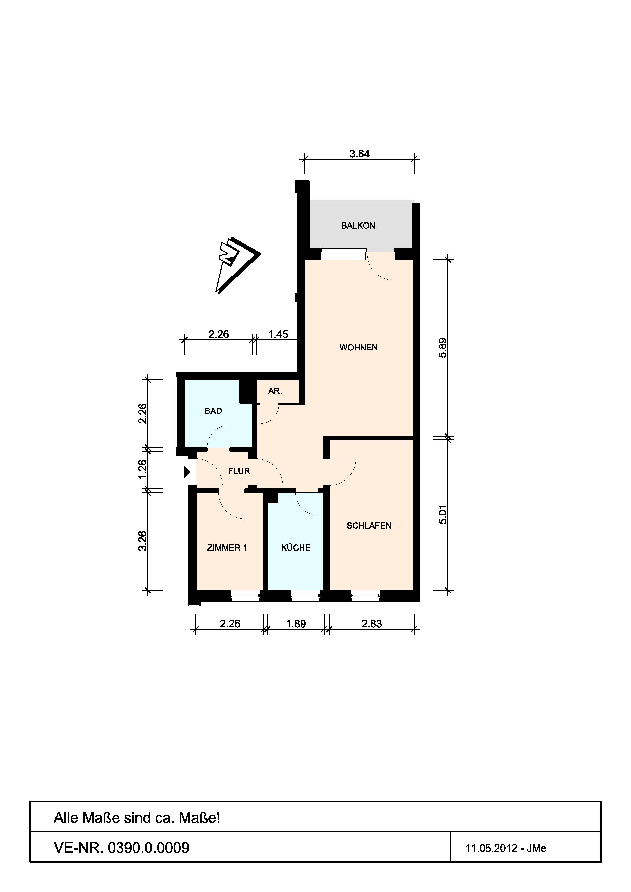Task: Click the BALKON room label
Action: click(x=358, y=225)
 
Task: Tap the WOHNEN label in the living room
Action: click(x=358, y=347)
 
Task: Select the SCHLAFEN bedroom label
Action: click(x=369, y=526)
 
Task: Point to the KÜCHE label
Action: click(x=296, y=547)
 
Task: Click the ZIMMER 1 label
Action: click(x=227, y=548)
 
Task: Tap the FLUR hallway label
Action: click(x=239, y=471)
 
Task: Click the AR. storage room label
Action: click(x=275, y=391)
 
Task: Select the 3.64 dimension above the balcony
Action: click(x=359, y=154)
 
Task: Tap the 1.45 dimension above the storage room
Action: click(x=278, y=334)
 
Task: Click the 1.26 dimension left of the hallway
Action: click(x=143, y=469)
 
